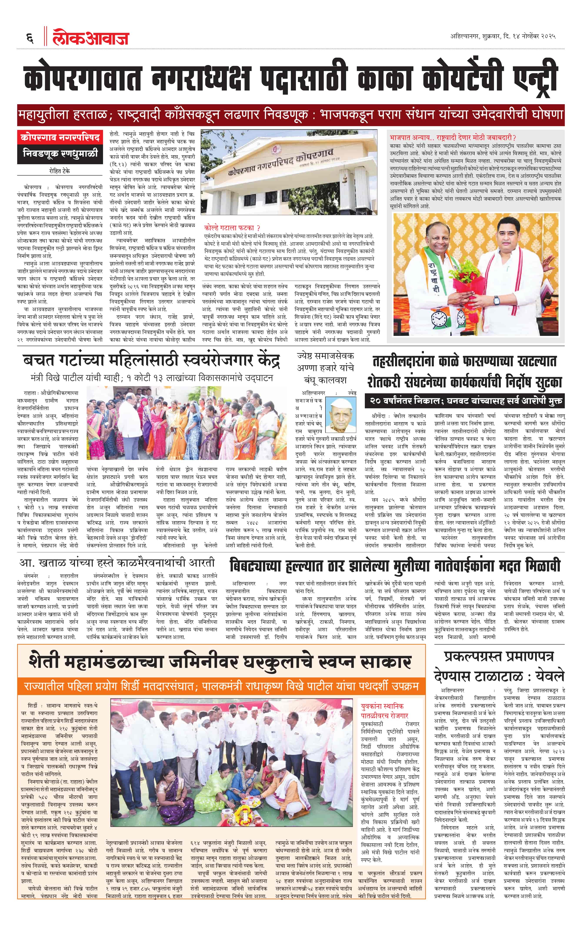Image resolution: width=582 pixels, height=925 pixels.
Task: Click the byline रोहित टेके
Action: pyautogui.click(x=60, y=171)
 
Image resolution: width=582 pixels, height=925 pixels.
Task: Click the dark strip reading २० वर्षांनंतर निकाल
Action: pyautogui.click(x=465, y=401)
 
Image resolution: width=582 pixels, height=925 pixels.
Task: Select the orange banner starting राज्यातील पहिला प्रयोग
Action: pyautogui.click(x=221, y=686)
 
